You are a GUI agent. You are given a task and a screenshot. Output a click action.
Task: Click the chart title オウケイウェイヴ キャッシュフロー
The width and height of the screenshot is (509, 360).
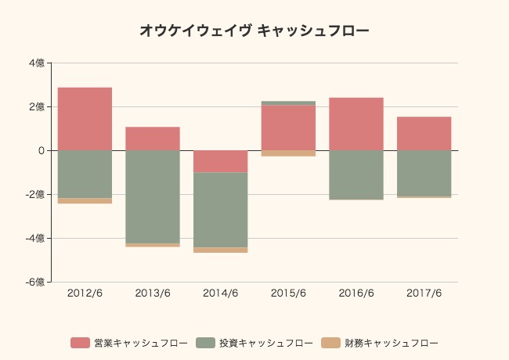(254, 31)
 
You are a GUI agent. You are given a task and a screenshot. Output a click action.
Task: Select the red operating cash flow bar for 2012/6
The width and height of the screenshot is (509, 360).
(85, 118)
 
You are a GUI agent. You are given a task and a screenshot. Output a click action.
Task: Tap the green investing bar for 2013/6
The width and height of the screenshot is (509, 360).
(153, 196)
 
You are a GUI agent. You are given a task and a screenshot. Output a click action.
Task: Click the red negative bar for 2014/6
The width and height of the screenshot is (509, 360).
(220, 161)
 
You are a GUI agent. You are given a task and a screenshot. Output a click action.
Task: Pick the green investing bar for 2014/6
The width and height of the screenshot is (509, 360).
(220, 210)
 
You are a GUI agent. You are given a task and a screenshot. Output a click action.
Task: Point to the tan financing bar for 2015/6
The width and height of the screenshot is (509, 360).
(288, 153)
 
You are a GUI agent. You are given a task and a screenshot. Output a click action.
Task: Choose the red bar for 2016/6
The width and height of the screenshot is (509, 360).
(356, 124)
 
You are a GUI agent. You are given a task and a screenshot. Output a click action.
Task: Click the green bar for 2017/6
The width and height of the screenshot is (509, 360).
(424, 173)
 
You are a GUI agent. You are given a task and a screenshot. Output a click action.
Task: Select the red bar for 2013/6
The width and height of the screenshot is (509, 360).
(153, 139)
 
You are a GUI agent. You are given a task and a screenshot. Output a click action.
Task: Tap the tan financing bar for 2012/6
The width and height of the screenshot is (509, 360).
(85, 201)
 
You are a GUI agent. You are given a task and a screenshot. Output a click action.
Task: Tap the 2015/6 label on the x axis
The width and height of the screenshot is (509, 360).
(288, 293)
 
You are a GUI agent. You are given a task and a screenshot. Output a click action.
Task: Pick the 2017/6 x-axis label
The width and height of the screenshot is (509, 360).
(424, 293)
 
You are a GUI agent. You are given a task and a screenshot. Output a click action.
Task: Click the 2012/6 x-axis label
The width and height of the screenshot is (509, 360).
(85, 293)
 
